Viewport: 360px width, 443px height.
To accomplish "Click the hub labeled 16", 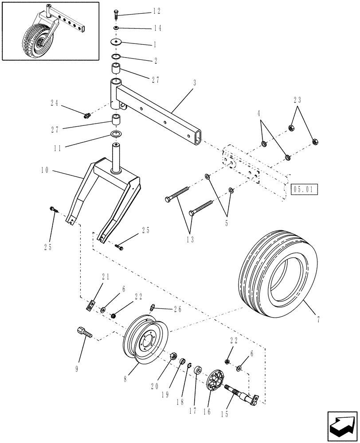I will click(x=216, y=380).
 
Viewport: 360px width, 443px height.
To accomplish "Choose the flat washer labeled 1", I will click(x=118, y=43).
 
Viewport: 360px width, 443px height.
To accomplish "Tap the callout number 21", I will click(x=105, y=276).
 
